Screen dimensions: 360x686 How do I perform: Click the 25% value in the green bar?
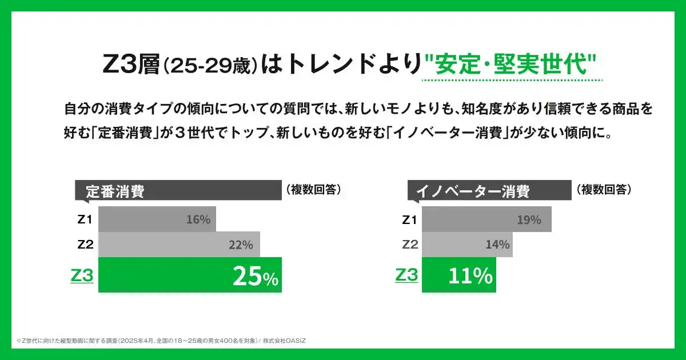pos(255,277)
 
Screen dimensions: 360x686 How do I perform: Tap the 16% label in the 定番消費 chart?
pos(198,219)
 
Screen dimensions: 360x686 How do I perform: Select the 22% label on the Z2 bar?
pos(240,245)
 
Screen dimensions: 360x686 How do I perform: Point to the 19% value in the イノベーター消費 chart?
pos(528,219)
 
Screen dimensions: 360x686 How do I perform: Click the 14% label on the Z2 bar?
pos(497,245)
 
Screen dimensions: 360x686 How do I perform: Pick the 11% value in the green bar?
pos(470,277)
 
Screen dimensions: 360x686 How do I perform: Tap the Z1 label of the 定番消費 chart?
pos(85,219)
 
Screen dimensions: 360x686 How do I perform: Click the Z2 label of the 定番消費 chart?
pos(85,245)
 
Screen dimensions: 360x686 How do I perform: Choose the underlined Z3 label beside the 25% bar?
pos(82,276)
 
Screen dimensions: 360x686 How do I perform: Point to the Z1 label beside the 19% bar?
pos(409,219)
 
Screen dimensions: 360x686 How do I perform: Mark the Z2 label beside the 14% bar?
pos(410,245)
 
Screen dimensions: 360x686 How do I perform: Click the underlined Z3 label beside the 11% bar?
pos(406,275)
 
